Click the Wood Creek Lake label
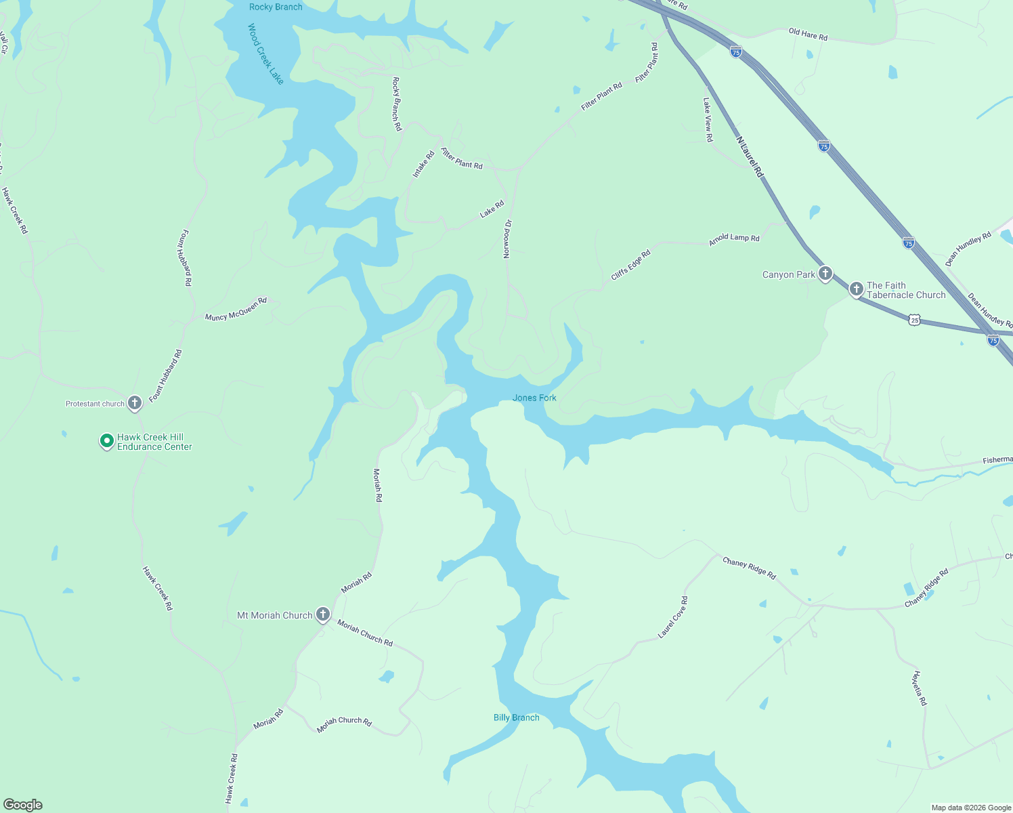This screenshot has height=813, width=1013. click(265, 54)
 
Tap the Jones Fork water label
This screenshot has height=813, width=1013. click(534, 398)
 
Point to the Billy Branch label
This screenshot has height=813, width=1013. click(516, 717)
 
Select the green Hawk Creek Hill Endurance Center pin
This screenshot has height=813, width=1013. click(106, 441)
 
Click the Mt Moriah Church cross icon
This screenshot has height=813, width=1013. click(323, 614)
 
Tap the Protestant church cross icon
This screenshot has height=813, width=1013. click(135, 403)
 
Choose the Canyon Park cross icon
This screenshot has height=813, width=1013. click(825, 274)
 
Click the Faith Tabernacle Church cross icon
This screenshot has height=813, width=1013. click(856, 289)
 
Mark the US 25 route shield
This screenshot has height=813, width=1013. click(915, 319)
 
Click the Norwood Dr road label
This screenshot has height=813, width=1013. click(507, 239)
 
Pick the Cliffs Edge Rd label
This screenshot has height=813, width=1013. click(630, 265)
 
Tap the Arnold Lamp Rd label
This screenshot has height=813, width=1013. click(734, 239)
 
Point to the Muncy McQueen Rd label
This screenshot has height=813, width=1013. click(236, 309)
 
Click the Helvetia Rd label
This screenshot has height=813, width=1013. click(919, 688)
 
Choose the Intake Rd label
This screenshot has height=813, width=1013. click(423, 165)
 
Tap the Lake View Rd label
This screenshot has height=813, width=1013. click(708, 120)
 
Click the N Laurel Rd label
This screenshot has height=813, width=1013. click(750, 157)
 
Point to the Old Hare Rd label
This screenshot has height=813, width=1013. click(808, 34)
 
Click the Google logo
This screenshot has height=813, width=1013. click(23, 804)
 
